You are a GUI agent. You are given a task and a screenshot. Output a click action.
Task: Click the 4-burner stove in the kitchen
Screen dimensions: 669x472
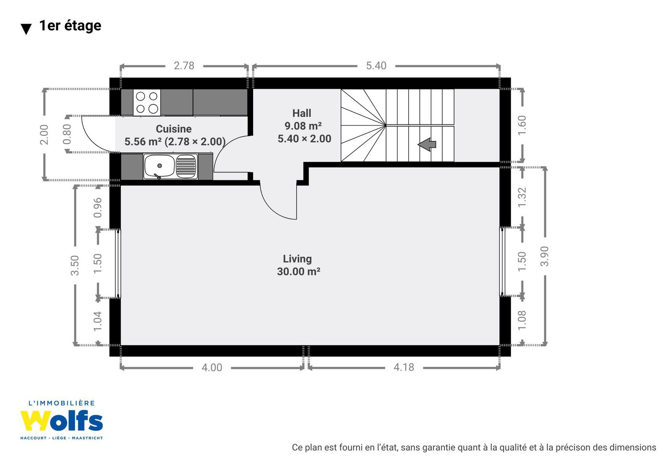[x=146, y=102]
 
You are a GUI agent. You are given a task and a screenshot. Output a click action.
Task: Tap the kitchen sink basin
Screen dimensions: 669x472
[x=159, y=166]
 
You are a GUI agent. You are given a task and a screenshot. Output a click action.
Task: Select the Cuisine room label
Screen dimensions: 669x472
[x=174, y=129]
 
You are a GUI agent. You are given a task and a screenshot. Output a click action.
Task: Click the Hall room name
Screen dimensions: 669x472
[x=302, y=113]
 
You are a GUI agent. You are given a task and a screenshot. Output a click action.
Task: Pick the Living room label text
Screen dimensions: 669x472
[x=297, y=259]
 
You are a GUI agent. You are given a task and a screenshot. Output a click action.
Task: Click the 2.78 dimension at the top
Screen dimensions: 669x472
[x=184, y=66]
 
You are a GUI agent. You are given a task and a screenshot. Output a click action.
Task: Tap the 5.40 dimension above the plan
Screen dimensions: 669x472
[x=376, y=66]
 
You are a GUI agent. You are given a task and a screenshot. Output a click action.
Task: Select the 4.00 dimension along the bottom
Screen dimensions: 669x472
[x=212, y=368]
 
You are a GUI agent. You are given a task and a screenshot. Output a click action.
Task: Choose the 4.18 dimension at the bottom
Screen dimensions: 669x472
[x=404, y=367]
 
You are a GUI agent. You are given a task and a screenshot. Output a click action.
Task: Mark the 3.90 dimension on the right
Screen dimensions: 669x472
[x=545, y=256]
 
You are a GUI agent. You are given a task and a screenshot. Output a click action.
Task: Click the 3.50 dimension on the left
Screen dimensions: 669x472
[x=75, y=265]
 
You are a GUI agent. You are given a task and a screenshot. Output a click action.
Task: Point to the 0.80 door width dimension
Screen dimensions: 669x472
[x=67, y=134]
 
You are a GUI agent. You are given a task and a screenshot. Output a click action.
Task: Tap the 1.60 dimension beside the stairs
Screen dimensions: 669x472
[x=522, y=125]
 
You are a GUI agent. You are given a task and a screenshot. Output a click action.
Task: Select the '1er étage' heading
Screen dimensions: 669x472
[x=70, y=26]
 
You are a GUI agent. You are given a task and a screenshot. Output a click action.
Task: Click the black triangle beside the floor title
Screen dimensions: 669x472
[x=26, y=29]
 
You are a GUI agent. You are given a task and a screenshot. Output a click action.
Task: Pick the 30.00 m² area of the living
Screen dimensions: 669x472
[x=298, y=271]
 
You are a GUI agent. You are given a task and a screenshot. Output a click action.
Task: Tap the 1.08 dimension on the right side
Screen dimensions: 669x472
[x=522, y=321]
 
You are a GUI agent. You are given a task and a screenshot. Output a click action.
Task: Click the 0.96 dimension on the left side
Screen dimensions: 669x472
[x=98, y=208]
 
